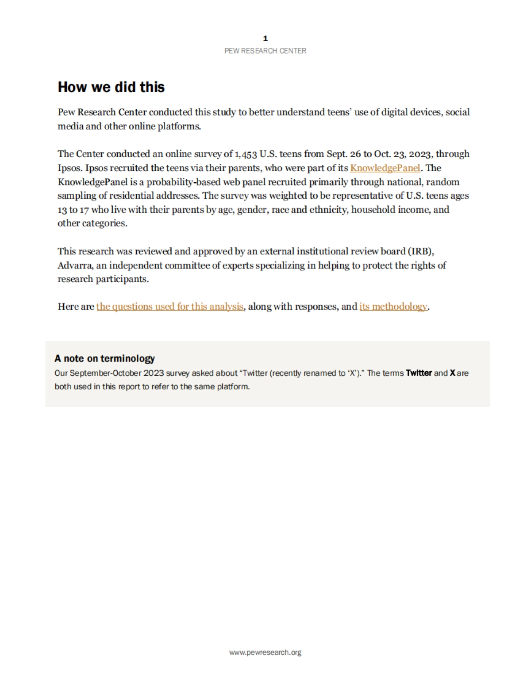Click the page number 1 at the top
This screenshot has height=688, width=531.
point(265,38)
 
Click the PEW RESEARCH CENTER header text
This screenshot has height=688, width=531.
point(265,51)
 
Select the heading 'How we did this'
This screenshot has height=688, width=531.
point(111,87)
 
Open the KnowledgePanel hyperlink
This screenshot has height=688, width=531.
point(385,168)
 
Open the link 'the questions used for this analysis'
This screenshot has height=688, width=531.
point(170,307)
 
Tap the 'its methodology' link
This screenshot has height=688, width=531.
point(393,307)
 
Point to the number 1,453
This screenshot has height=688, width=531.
point(246,154)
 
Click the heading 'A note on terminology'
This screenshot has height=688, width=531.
point(104,358)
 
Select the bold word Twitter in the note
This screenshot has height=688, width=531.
point(419,373)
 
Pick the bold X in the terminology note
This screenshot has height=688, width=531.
point(452,373)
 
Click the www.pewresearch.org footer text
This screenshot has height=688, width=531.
point(265,652)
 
